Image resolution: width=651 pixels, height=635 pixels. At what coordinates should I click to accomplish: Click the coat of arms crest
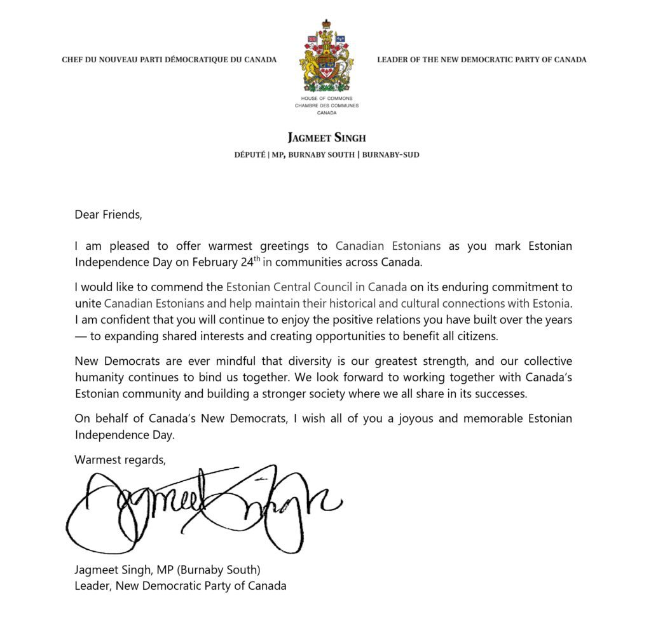(x=326, y=57)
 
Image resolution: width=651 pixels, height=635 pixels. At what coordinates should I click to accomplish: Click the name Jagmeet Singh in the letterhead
(x=326, y=138)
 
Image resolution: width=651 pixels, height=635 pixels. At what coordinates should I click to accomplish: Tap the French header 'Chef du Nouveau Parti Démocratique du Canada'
(x=169, y=60)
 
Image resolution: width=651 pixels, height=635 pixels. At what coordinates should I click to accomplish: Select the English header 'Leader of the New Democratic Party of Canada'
(x=481, y=60)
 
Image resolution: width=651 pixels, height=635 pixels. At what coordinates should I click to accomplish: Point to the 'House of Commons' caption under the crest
(x=326, y=99)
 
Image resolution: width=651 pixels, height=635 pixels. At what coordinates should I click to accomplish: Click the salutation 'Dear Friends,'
(x=108, y=214)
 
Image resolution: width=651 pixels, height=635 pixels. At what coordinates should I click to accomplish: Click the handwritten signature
(x=203, y=509)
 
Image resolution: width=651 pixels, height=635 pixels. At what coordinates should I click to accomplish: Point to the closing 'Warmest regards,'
(x=120, y=459)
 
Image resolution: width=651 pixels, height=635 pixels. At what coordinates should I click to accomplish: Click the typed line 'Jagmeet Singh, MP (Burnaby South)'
(x=168, y=570)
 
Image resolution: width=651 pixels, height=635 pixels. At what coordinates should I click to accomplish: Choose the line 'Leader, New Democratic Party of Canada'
(x=181, y=585)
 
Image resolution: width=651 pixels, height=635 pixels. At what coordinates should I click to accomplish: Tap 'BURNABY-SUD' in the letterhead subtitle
(x=390, y=154)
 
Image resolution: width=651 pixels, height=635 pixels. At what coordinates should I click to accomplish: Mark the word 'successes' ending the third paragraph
(x=504, y=393)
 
